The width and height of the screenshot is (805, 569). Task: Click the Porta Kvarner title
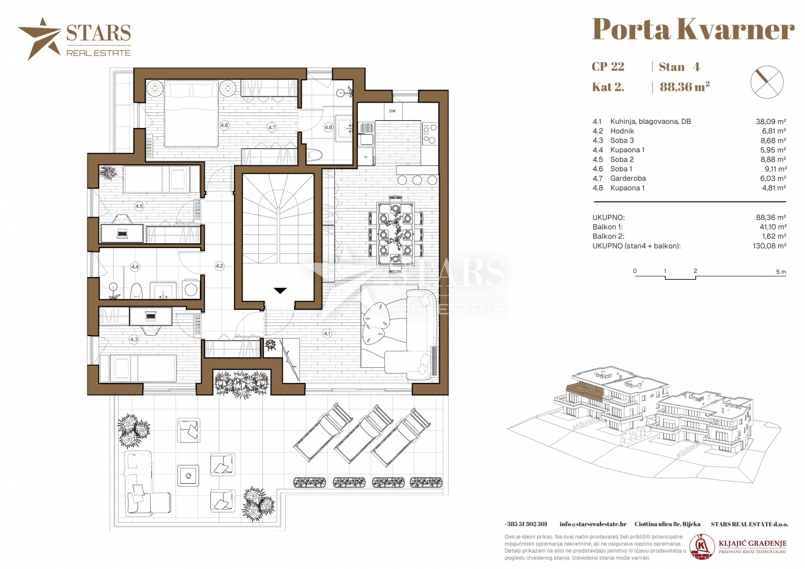click(x=693, y=29)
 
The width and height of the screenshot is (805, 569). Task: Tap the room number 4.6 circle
click(x=224, y=125)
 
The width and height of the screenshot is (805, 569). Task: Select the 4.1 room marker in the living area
click(x=327, y=333)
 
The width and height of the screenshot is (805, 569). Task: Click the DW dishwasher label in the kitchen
click(x=392, y=111)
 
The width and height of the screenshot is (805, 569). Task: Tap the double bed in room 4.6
click(x=191, y=113)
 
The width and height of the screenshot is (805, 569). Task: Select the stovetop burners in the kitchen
click(x=430, y=134)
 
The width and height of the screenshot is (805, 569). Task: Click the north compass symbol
click(x=767, y=82)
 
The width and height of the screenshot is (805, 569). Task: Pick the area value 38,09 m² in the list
click(x=771, y=121)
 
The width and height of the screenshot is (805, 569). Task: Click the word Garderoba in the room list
click(x=628, y=178)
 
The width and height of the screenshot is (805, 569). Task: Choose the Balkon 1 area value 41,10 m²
click(x=771, y=227)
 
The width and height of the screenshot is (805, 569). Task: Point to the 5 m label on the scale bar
click(x=781, y=272)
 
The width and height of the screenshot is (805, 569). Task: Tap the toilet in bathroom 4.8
click(x=315, y=154)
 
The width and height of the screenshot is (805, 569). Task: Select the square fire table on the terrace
click(x=188, y=476)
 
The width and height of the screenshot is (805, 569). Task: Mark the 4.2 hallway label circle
click(x=219, y=266)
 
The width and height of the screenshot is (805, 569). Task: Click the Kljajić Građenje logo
click(x=739, y=547)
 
